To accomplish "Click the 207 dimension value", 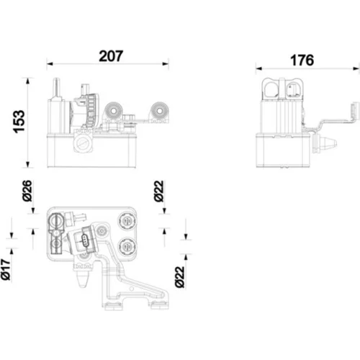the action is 111,56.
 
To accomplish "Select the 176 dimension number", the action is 302,60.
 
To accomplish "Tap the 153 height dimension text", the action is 19,122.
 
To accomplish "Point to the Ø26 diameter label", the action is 27,191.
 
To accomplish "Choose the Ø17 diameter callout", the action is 6,269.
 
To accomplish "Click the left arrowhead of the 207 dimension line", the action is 50,64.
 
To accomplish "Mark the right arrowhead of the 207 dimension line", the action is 166,64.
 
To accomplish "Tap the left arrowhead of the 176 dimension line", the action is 259,68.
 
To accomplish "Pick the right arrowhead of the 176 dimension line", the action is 356,68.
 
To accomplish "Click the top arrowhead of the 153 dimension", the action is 28,81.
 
